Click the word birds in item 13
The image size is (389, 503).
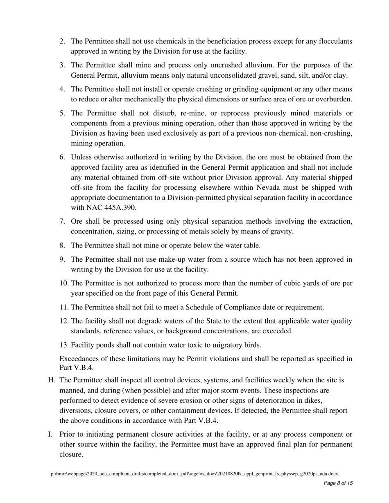[x=251, y=345]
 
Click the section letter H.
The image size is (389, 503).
[x=52, y=380]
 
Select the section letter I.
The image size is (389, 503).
[x=50, y=434]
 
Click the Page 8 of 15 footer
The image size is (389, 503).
[x=338, y=483]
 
